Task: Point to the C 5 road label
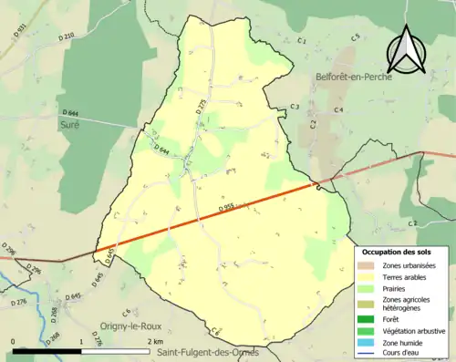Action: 356,36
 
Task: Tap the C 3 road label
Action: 294,108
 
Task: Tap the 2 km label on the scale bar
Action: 152,341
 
